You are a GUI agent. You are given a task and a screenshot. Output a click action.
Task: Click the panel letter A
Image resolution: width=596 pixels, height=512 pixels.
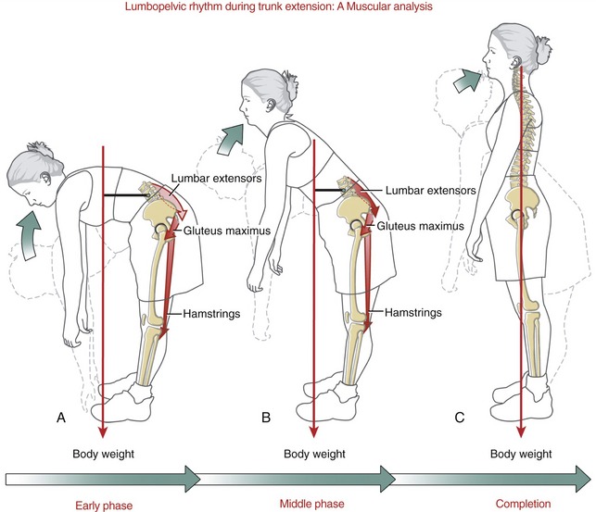[x=61, y=418]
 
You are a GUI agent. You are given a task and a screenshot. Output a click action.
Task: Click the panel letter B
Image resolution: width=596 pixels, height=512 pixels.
[x=266, y=418]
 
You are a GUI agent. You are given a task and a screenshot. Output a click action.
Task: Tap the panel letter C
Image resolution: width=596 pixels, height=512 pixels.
[x=460, y=418]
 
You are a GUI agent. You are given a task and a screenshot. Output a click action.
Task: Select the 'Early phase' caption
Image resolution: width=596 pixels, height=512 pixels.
[x=104, y=506]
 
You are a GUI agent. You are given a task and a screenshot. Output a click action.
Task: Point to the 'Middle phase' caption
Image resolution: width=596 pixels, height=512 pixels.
[x=312, y=504]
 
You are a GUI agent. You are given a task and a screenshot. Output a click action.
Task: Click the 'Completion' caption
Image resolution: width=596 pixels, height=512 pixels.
[x=523, y=504]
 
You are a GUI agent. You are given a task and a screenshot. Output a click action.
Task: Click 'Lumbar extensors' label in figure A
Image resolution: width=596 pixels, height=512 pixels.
[x=216, y=178]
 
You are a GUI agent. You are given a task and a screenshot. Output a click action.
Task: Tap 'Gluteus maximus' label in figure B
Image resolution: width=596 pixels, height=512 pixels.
[x=421, y=226]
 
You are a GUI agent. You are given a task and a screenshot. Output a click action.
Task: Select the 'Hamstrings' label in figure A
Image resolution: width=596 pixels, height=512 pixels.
[x=211, y=314]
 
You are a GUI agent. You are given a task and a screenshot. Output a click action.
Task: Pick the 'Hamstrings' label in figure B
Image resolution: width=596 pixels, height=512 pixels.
[x=413, y=312]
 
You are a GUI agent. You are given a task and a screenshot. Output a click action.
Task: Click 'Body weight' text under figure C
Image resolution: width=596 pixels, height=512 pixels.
[x=521, y=454]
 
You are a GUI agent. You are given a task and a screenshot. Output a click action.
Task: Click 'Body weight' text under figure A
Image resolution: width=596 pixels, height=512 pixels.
[x=104, y=454]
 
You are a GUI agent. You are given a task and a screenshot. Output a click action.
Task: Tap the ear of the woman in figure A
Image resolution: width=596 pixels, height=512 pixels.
[x=45, y=178]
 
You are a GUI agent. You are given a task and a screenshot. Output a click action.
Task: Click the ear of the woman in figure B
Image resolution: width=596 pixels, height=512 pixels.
[x=272, y=105]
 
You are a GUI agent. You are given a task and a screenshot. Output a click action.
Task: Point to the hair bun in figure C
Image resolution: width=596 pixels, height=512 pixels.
[x=542, y=48]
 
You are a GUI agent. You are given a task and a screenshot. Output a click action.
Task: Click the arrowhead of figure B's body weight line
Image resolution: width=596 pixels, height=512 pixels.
[x=313, y=432]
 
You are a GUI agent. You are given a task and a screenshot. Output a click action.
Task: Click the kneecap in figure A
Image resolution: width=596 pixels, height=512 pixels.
[x=144, y=319]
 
